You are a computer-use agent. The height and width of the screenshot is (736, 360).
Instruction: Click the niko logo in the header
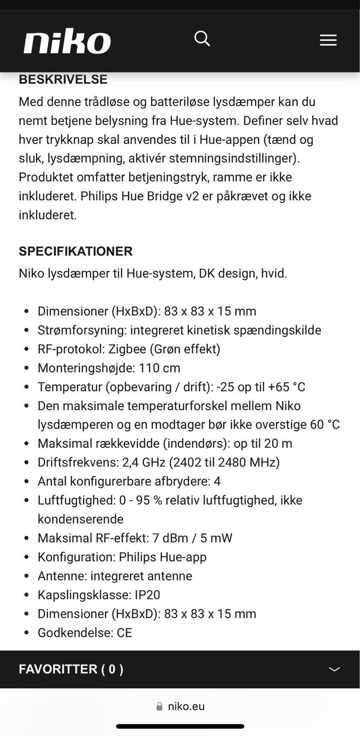[67, 41]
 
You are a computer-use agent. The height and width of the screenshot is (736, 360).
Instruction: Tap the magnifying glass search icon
[202, 39]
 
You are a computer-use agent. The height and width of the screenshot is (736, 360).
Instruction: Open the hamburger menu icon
[328, 40]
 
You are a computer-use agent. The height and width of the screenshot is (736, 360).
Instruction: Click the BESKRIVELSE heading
[63, 80]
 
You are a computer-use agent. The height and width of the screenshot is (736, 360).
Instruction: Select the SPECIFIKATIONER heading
[75, 251]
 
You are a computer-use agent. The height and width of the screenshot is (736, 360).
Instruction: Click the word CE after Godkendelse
[124, 633]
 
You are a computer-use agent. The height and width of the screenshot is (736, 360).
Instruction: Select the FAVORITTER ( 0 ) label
[71, 669]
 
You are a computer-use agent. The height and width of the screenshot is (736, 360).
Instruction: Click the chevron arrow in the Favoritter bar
[334, 669]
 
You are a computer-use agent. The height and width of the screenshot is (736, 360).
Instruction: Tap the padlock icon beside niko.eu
[160, 706]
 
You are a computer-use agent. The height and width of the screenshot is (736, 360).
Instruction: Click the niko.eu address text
[186, 706]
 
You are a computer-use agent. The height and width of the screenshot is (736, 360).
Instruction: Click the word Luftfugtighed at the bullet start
[76, 500]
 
